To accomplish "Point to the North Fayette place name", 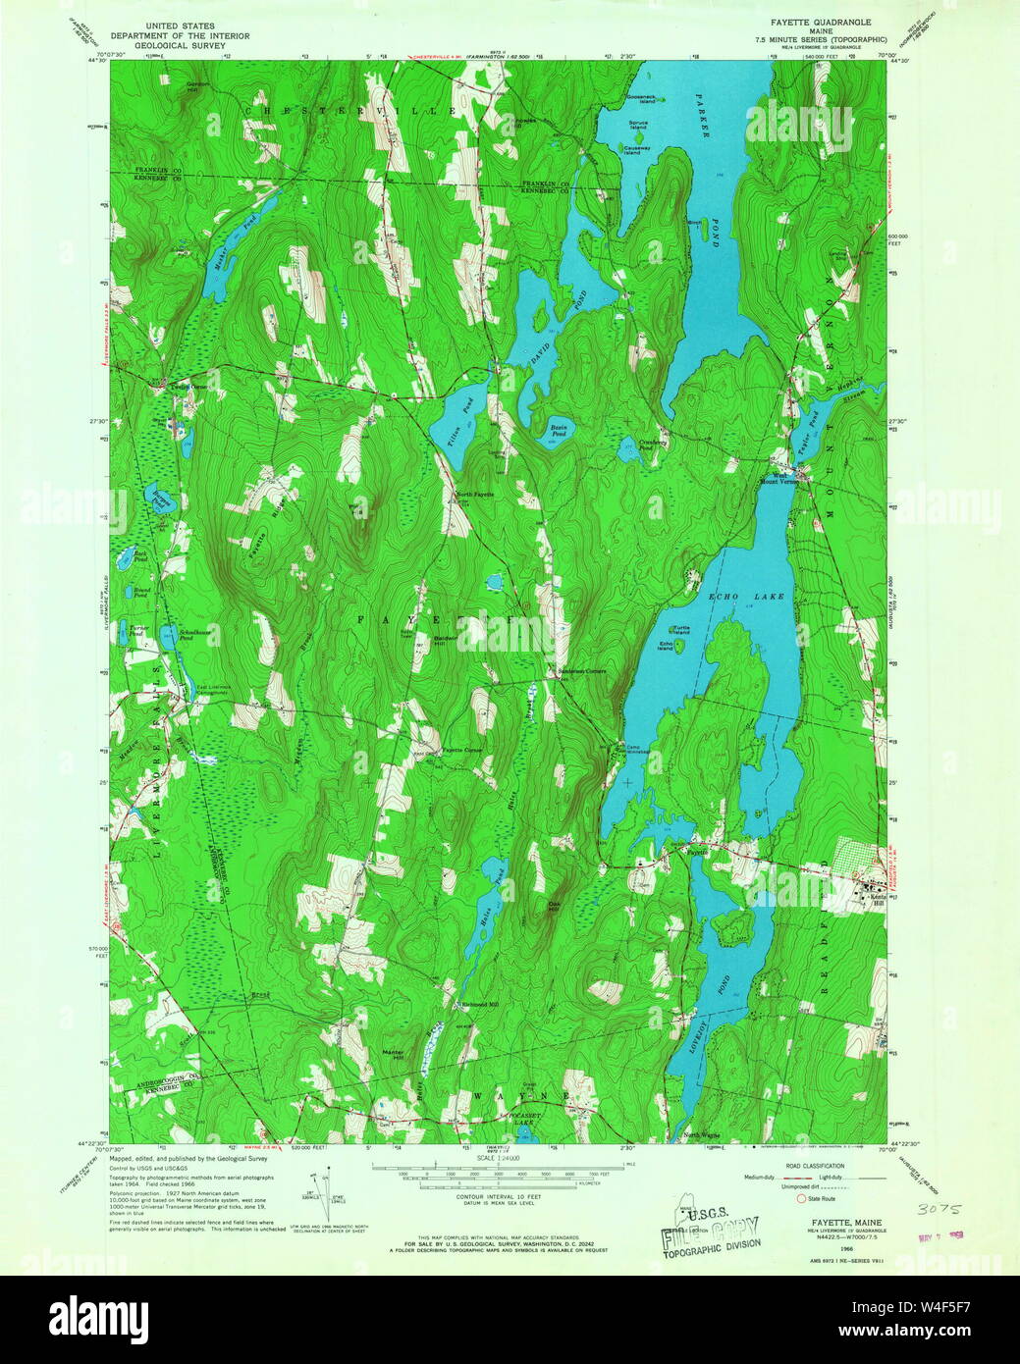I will (x=473, y=494).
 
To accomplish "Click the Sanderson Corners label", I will (x=583, y=671).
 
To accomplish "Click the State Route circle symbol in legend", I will (x=800, y=1198).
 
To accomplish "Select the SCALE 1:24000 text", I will (x=497, y=1158).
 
